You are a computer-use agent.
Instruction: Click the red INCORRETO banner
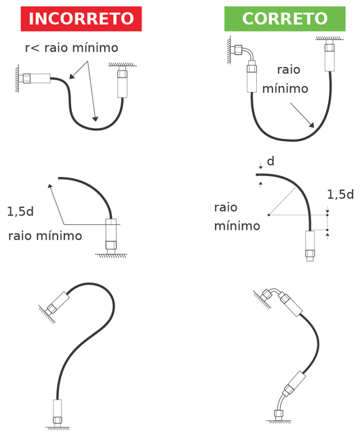81,19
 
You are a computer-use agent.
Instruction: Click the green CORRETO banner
285,19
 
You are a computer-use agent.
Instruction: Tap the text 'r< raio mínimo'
72,47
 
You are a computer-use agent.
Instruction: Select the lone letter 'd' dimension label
271,161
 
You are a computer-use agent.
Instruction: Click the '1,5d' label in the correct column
340,194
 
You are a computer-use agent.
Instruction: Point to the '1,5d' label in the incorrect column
20,211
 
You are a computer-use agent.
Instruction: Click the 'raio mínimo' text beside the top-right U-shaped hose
285,79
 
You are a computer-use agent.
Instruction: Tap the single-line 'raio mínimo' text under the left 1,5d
45,236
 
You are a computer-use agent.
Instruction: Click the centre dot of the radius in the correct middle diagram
268,215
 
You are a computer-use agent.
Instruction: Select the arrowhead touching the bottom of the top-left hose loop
95,119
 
